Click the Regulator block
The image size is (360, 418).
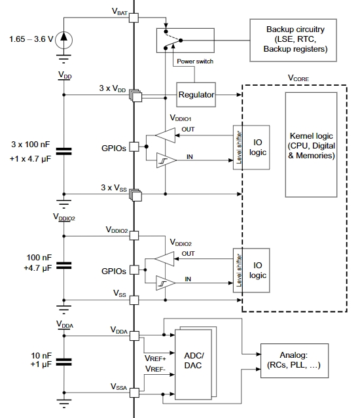pos(196,95)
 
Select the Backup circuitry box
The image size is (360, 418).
pos(293,41)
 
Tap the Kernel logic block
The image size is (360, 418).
pos(311,145)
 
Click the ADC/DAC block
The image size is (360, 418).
pos(193,364)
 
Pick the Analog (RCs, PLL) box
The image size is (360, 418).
pos(295,360)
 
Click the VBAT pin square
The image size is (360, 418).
pos(134,18)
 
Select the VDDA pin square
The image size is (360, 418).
pos(134,336)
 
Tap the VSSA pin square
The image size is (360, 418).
pos(134,392)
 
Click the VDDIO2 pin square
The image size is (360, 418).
pos(134,235)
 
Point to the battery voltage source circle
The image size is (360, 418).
pos(63,40)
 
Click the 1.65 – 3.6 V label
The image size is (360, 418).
pos(31,39)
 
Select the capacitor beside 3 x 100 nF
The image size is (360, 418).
pos(63,151)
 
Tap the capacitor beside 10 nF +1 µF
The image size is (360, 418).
pos(63,362)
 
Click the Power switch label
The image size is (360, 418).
pos(195,61)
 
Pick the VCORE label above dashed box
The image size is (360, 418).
pos(298,78)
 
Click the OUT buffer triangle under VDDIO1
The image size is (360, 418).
pos(166,135)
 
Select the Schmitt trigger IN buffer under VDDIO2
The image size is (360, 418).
pos(166,283)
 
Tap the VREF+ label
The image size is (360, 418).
pos(155,358)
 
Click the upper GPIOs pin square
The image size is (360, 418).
pos(134,147)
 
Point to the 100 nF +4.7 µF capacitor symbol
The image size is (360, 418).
pos(63,266)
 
